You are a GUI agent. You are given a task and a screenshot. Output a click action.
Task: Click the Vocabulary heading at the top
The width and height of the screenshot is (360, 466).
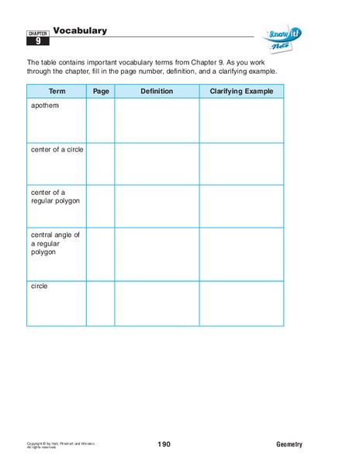[x=80, y=31]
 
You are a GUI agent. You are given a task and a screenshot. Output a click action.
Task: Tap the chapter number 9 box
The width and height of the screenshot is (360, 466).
[x=39, y=42]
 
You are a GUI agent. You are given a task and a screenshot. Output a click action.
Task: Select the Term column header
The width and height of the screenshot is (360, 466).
[x=57, y=92]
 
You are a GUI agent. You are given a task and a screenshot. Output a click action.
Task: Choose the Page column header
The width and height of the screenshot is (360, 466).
[x=101, y=92]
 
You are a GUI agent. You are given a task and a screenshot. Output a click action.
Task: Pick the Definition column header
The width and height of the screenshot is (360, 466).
[x=157, y=92]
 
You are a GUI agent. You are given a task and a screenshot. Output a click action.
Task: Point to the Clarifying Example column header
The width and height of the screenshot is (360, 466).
[x=241, y=92]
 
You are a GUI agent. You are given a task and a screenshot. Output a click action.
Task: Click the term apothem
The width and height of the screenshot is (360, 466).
[x=43, y=106]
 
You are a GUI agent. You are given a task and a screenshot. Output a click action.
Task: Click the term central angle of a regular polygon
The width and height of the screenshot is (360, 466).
[x=55, y=243]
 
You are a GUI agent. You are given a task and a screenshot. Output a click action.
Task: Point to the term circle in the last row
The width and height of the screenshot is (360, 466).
[x=40, y=286]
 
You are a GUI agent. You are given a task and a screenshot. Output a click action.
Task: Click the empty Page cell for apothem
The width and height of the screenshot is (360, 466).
[x=101, y=120]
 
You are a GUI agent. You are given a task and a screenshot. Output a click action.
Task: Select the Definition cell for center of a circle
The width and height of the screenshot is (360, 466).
[x=157, y=163]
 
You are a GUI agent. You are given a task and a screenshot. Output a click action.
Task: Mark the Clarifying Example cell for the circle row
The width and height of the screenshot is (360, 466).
[x=241, y=303]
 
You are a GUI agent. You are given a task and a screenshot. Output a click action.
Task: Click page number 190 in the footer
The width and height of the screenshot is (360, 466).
[x=164, y=444]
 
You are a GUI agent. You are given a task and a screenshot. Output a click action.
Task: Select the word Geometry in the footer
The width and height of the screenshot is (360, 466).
[x=289, y=444]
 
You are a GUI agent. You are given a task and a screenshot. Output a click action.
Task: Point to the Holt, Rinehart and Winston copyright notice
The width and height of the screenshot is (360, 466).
[x=58, y=444]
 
